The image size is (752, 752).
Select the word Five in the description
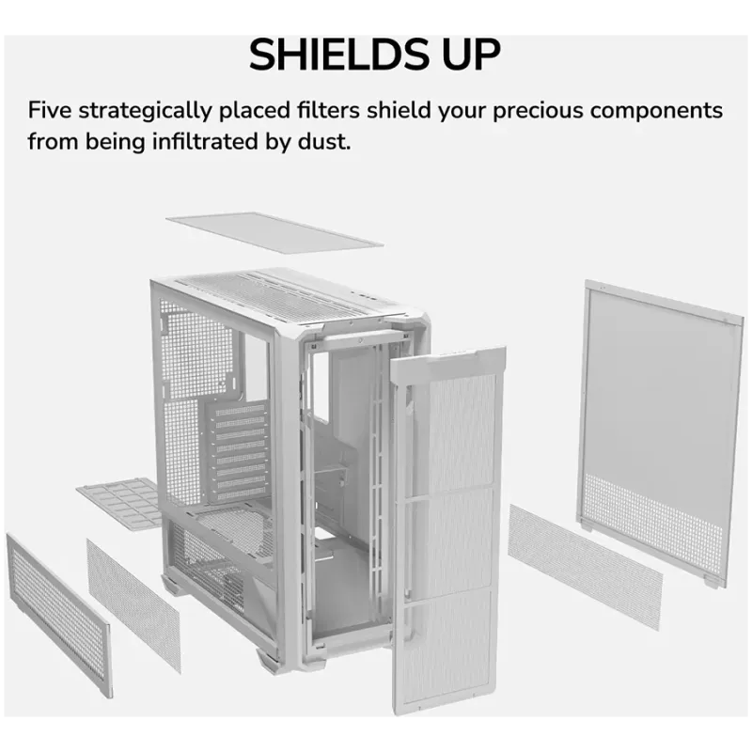click(50, 110)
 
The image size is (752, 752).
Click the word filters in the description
click(328, 110)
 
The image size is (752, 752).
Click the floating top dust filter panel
click(274, 232)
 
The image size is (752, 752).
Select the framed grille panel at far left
click(59, 614)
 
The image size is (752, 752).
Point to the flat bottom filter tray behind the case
click(120, 503)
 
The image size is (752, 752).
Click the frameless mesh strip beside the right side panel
click(585, 566)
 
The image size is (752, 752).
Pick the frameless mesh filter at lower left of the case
click(133, 604)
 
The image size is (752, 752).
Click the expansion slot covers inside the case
click(239, 452)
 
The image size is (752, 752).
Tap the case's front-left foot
click(268, 661)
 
